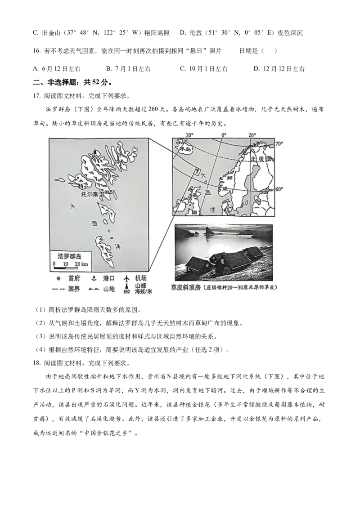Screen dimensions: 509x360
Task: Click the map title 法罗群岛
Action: click(70, 256)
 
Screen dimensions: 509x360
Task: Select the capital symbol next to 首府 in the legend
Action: click(58, 279)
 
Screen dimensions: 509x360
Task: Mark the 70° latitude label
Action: click(279, 143)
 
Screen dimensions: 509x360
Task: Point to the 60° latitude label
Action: click(279, 189)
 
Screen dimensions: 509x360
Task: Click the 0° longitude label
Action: click(224, 134)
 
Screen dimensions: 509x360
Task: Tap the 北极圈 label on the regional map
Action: click(260, 159)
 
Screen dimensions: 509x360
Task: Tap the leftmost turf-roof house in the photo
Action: click(197, 263)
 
